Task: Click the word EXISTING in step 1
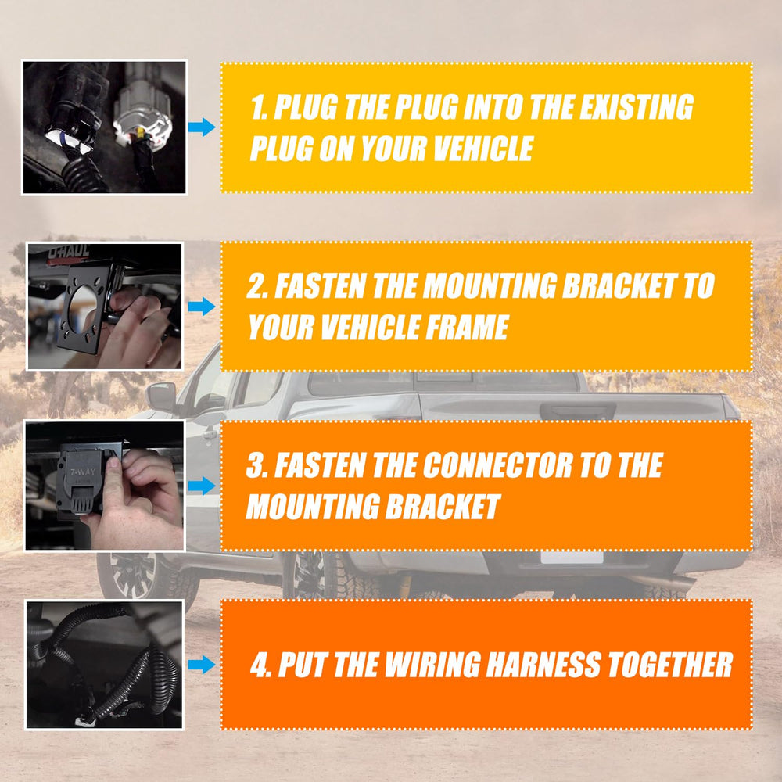tap(636, 106)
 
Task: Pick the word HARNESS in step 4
tap(544, 665)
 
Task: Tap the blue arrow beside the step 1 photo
tap(202, 127)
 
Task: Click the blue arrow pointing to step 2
tap(202, 307)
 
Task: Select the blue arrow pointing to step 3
tap(202, 486)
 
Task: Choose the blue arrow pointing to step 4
tap(202, 664)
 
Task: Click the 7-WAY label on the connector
tap(82, 472)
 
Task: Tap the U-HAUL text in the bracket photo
tap(68, 252)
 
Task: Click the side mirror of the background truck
tap(162, 397)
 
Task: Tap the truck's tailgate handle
tap(578, 412)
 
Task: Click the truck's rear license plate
tap(572, 558)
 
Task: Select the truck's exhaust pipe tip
tap(678, 583)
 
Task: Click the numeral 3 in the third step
tap(256, 465)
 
